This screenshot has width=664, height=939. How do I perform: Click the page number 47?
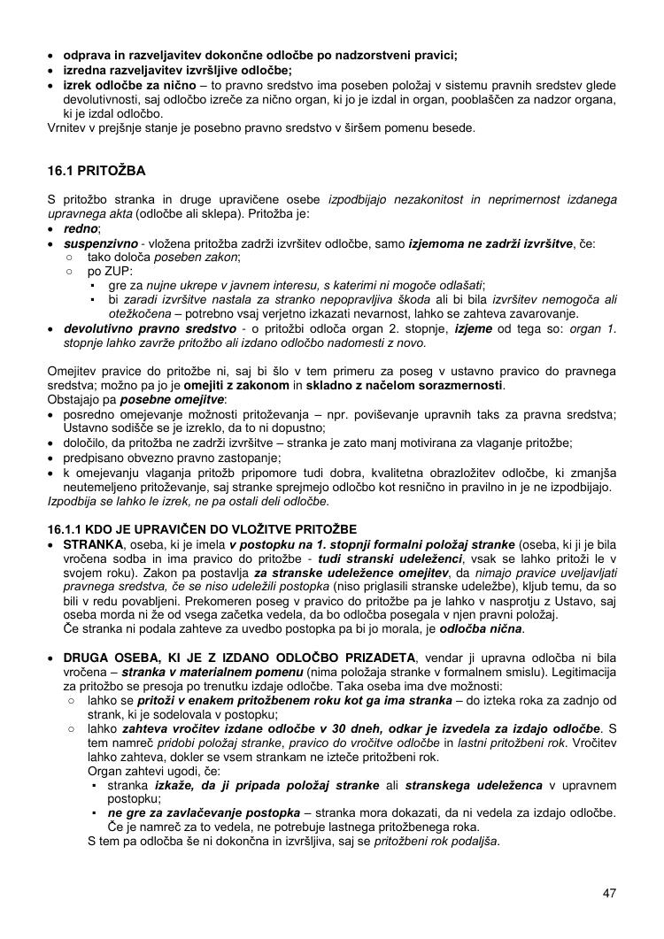point(608,892)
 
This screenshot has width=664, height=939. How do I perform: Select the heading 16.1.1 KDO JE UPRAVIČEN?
point(202,529)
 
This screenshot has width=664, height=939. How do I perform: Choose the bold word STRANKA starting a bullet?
point(94,543)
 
